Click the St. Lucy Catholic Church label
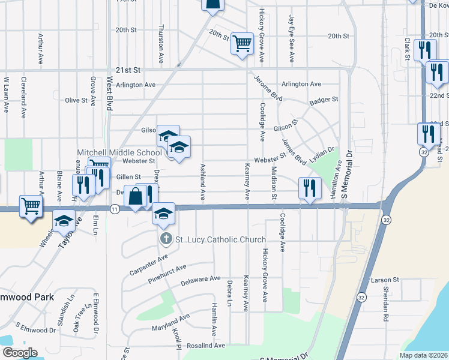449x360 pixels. [x=220, y=239]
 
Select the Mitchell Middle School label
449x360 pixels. [x=119, y=152]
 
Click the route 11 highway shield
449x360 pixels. [x=115, y=208]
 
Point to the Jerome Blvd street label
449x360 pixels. [x=268, y=88]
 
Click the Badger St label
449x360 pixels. [x=324, y=100]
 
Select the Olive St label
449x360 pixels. [x=76, y=100]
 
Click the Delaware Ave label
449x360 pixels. [x=201, y=279]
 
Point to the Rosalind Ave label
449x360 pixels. [x=205, y=346]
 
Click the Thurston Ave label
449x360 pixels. [x=161, y=44]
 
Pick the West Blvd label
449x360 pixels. [x=110, y=93]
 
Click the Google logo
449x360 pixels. [x=19, y=353]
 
